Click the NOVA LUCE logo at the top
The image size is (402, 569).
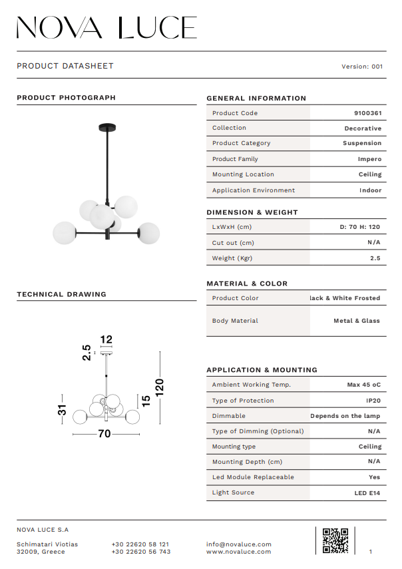coord(106,28)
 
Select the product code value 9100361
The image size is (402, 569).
coord(368,113)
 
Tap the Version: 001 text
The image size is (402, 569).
coord(362,67)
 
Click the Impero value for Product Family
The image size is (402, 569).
coord(369,159)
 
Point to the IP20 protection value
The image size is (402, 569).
coord(373,401)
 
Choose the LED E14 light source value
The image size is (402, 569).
coord(367,493)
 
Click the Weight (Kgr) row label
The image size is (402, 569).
coord(232,258)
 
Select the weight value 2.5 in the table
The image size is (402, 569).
coord(375,258)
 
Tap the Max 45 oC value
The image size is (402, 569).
coord(364,385)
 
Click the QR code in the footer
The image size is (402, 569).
coord(335,540)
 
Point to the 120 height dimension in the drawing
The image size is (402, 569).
coord(159,387)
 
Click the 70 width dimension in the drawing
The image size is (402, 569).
coord(104,434)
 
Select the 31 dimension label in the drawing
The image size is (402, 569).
coord(63,411)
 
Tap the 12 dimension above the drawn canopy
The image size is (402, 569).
coord(106,339)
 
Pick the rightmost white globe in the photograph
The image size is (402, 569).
coord(148,234)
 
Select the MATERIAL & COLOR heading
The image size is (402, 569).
coord(247,284)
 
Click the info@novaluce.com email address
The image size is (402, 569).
coord(239,544)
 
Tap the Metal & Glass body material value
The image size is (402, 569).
coord(357,321)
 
